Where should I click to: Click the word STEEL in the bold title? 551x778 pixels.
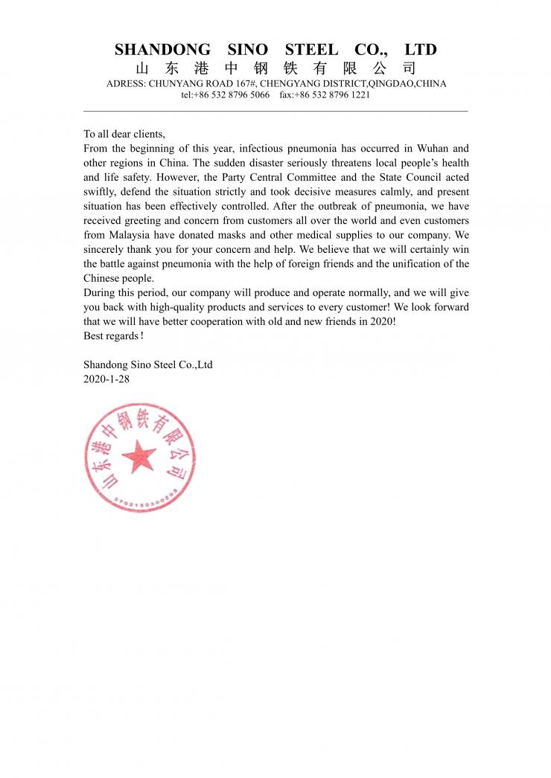tap(311, 50)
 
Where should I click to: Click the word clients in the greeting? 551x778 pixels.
tap(147, 135)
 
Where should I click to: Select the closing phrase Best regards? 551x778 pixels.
tap(111, 336)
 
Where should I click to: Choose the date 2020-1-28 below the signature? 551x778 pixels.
tap(106, 379)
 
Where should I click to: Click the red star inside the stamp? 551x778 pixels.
tap(138, 457)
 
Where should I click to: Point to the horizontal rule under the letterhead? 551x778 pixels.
tap(275, 111)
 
